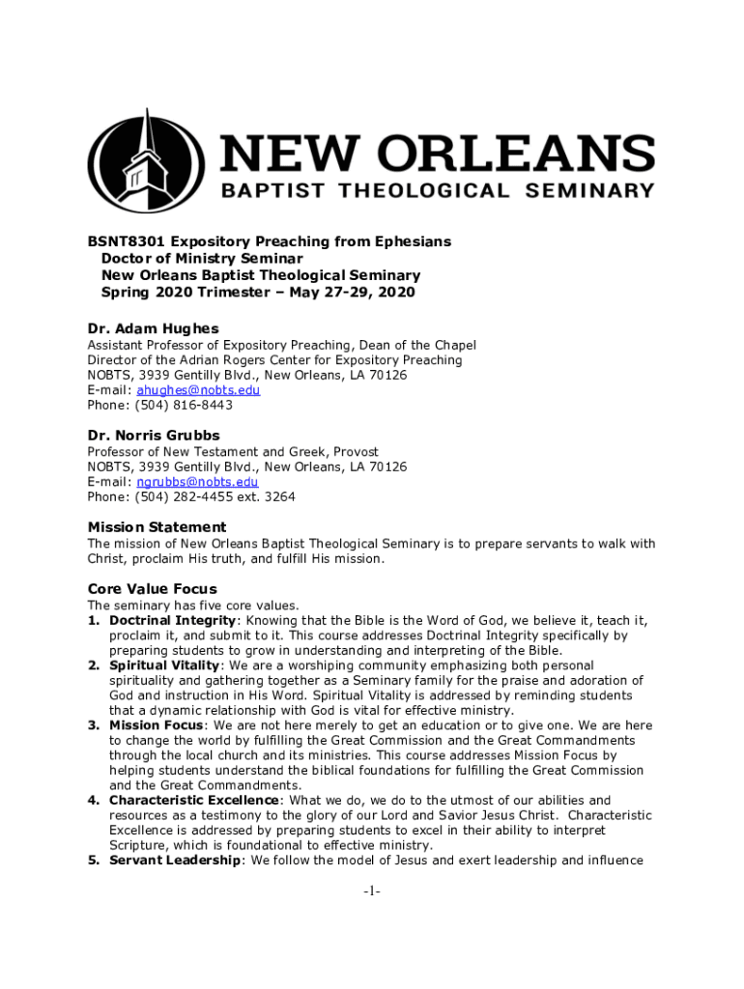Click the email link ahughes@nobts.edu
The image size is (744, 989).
tap(198, 390)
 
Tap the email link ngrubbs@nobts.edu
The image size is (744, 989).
tap(197, 482)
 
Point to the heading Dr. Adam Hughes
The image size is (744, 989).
tap(153, 328)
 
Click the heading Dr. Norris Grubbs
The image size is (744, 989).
tap(154, 436)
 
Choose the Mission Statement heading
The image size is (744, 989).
tap(157, 527)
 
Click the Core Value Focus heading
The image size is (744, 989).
tap(152, 589)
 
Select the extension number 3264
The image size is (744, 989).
tap(279, 497)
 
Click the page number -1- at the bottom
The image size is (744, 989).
tap(372, 891)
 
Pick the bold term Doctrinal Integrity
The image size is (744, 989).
tap(172, 620)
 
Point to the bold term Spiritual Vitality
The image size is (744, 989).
tap(165, 665)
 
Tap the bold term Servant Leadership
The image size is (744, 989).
tap(174, 861)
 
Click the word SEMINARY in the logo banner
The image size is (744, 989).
tap(590, 191)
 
